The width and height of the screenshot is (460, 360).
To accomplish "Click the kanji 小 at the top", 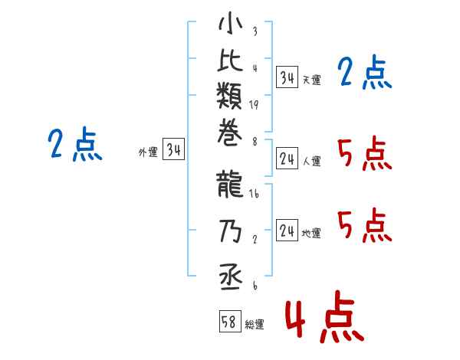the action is click(x=230, y=25).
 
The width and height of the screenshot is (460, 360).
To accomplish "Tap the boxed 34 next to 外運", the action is click(x=174, y=151).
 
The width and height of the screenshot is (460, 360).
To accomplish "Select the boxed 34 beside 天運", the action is click(x=287, y=77).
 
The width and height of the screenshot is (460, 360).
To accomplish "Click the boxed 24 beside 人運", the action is click(x=287, y=159).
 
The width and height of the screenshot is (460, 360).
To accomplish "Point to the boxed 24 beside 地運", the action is click(x=287, y=231).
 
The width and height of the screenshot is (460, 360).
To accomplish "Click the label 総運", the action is click(x=255, y=325).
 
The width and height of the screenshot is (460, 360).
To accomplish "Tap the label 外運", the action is click(x=148, y=153).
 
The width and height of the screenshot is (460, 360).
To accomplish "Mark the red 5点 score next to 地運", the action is click(x=365, y=227).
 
